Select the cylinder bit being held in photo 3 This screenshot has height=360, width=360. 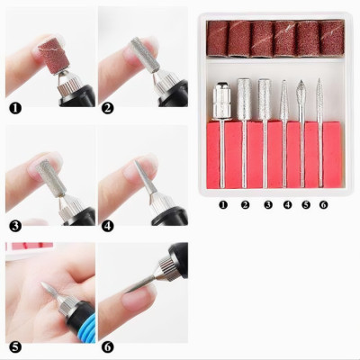(46, 170)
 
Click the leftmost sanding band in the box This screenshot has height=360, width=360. (219, 39)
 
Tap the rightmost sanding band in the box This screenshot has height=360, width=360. (332, 39)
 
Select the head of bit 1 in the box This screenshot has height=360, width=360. (220, 99)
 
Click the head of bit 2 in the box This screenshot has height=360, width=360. (244, 95)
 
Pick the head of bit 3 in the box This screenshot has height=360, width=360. (264, 94)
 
